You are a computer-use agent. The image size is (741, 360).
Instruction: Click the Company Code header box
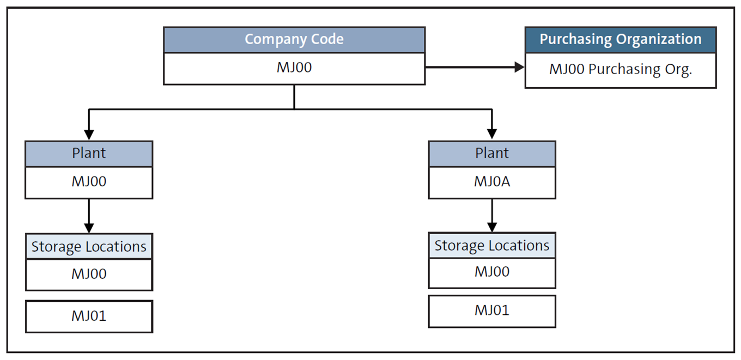pos(294,40)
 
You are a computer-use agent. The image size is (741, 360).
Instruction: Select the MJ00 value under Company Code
pos(294,69)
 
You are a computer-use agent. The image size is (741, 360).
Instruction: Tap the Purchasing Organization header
pos(620,40)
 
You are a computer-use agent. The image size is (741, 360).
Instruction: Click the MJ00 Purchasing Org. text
pos(620,70)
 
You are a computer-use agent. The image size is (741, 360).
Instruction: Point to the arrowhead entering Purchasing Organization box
pos(519,67)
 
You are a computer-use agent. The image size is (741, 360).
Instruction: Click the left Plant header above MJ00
pos(89,154)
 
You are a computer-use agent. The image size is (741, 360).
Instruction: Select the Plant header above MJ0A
pos(492,154)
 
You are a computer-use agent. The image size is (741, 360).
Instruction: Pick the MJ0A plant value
pos(492,182)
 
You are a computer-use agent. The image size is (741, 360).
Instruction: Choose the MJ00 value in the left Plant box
pos(89,182)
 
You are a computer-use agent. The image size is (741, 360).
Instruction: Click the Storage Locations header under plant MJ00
pos(89,247)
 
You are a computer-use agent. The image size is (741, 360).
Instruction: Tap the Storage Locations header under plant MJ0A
pos(492,246)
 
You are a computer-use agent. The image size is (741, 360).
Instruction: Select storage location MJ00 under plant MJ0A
pos(492,272)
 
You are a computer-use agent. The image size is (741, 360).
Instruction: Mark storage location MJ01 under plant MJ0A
pos(492,311)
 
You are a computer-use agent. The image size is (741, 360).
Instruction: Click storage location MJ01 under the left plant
pos(89,316)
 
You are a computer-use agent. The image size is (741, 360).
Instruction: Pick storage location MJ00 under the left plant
pos(89,274)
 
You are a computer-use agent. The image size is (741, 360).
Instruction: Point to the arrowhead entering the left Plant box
pos(89,135)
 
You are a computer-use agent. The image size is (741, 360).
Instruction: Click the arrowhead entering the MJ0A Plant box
pos(492,135)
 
